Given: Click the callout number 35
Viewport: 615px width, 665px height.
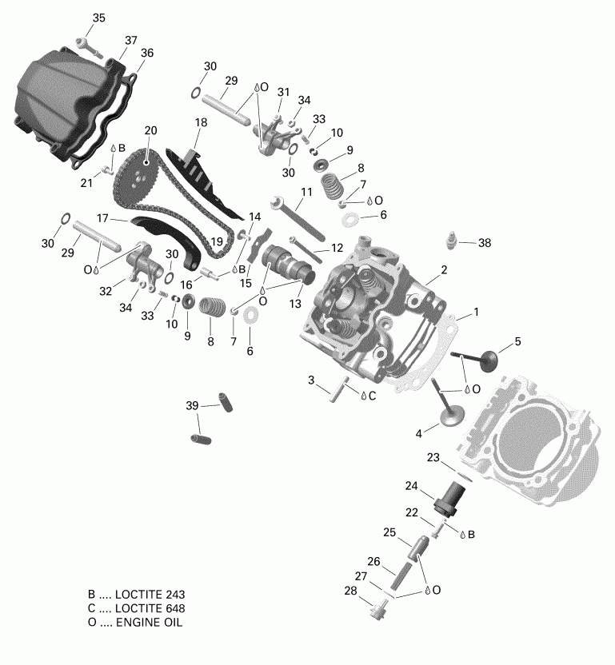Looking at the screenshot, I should pos(98,18).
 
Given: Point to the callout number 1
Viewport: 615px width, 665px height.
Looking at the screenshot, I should pos(476,312).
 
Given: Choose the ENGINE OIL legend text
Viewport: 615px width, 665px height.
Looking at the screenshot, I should pos(149,623).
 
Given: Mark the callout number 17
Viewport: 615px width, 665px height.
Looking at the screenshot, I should pos(102,217).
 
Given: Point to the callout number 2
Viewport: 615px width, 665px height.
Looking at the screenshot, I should pos(443,269).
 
